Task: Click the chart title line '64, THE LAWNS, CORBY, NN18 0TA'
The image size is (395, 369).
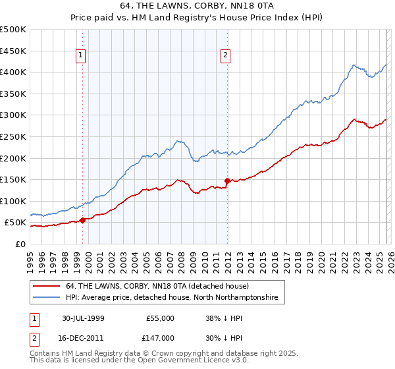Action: point(197,5)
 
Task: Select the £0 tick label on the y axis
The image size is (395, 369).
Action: point(21,244)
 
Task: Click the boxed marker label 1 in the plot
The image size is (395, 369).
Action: point(80,56)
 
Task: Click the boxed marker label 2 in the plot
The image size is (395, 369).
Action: point(225,56)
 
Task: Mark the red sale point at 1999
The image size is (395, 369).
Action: point(83,220)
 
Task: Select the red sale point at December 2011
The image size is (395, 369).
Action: point(227,180)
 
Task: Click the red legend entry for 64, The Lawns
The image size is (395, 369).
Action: point(157,287)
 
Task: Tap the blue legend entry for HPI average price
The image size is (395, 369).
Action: point(171,298)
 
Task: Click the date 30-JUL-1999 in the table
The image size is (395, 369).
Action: point(85,318)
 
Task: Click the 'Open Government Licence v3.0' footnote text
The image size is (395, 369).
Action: point(192,360)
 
